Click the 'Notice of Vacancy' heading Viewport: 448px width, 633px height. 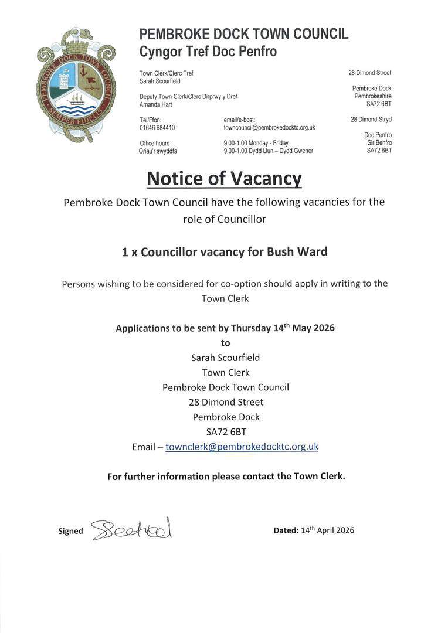point(224,178)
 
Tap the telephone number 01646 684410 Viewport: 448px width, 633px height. point(157,127)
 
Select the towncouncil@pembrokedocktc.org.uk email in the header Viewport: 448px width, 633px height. point(269,127)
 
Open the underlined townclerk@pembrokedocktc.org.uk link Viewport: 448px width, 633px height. point(242,447)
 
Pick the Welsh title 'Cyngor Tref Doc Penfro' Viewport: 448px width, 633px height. point(208,52)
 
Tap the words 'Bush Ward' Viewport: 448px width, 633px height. point(297,252)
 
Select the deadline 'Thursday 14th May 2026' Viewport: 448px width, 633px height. point(283,328)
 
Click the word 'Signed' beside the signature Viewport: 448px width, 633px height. point(70,531)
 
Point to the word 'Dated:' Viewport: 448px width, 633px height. point(286,530)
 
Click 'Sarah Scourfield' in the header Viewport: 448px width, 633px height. point(159,81)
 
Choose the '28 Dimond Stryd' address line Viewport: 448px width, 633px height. point(371,120)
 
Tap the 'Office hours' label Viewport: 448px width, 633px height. point(155,143)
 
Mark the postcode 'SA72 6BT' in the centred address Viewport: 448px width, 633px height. point(226,432)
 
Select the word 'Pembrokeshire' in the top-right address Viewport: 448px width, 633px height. point(373,96)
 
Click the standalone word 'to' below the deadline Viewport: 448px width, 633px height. point(225,343)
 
